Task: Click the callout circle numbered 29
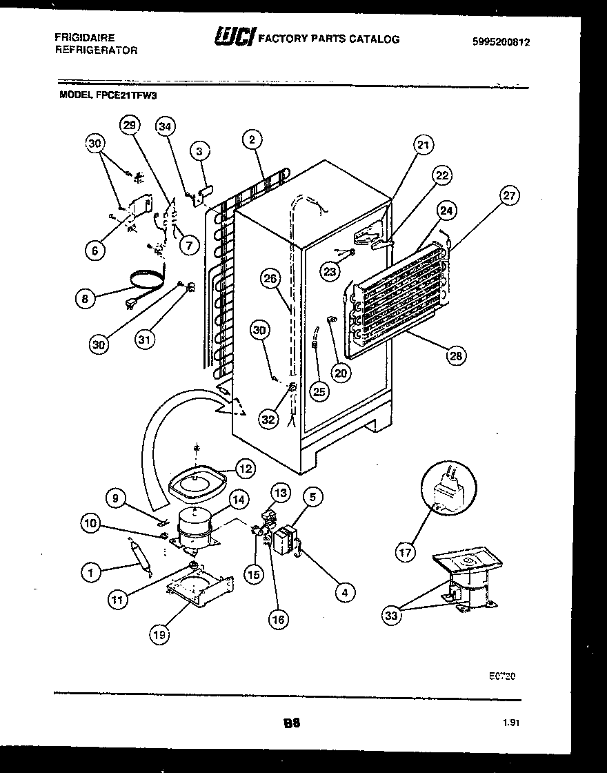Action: point(130,125)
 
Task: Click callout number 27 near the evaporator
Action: point(508,195)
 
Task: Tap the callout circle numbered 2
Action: point(252,140)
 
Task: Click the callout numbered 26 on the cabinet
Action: point(271,280)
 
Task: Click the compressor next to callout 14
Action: point(195,529)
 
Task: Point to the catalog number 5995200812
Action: point(501,41)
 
